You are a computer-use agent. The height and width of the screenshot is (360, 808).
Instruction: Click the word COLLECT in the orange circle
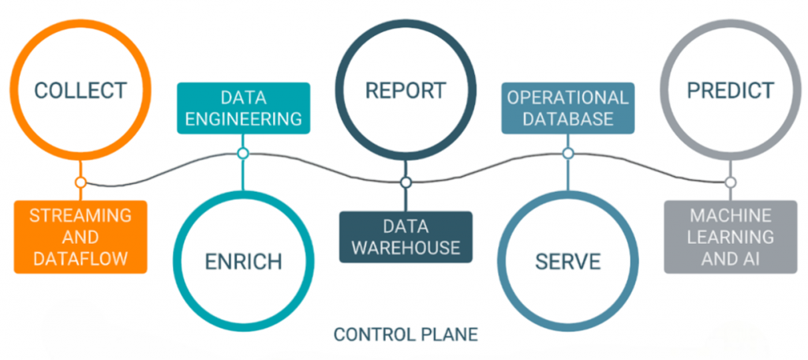coord(80,89)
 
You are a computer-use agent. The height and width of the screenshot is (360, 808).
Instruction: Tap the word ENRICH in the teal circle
coord(243,261)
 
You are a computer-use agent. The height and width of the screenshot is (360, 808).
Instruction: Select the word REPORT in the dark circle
coord(405,89)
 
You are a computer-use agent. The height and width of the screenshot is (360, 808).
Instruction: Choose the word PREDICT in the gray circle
coord(730,89)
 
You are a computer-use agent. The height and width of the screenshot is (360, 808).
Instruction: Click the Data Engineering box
coord(243,108)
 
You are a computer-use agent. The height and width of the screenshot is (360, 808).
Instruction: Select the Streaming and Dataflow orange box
coord(80,236)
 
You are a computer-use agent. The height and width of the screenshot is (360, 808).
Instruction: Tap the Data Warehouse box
coord(406,236)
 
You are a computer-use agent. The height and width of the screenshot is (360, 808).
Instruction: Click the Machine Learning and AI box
coord(730,236)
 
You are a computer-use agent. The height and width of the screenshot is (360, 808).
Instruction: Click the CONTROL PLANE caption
coord(406,334)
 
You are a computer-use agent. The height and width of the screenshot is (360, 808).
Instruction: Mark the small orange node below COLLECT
coord(80,182)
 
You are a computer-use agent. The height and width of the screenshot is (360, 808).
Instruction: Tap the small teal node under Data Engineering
coord(243,153)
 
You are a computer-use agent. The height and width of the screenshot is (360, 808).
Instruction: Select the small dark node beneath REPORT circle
coord(406,182)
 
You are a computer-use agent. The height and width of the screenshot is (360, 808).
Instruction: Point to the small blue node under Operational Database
coord(567,153)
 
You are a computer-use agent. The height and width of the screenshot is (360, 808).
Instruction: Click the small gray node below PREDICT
coord(730,182)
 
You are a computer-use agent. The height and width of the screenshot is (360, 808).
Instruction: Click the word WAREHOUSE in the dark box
coord(406,247)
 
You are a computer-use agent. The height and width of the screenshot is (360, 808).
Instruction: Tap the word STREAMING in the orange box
coord(80,215)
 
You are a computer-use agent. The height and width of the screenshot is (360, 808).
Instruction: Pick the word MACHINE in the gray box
coord(730,215)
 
